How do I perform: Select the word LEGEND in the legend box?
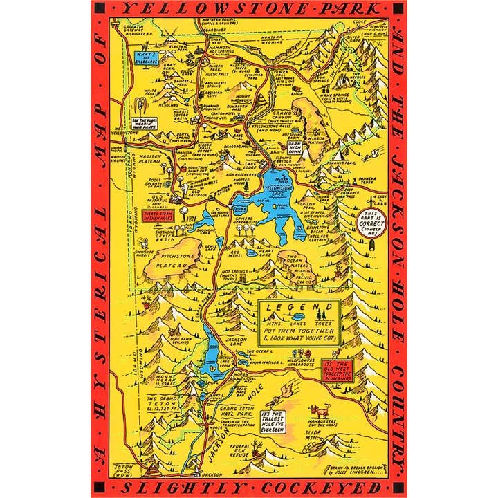(x=298, y=306)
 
